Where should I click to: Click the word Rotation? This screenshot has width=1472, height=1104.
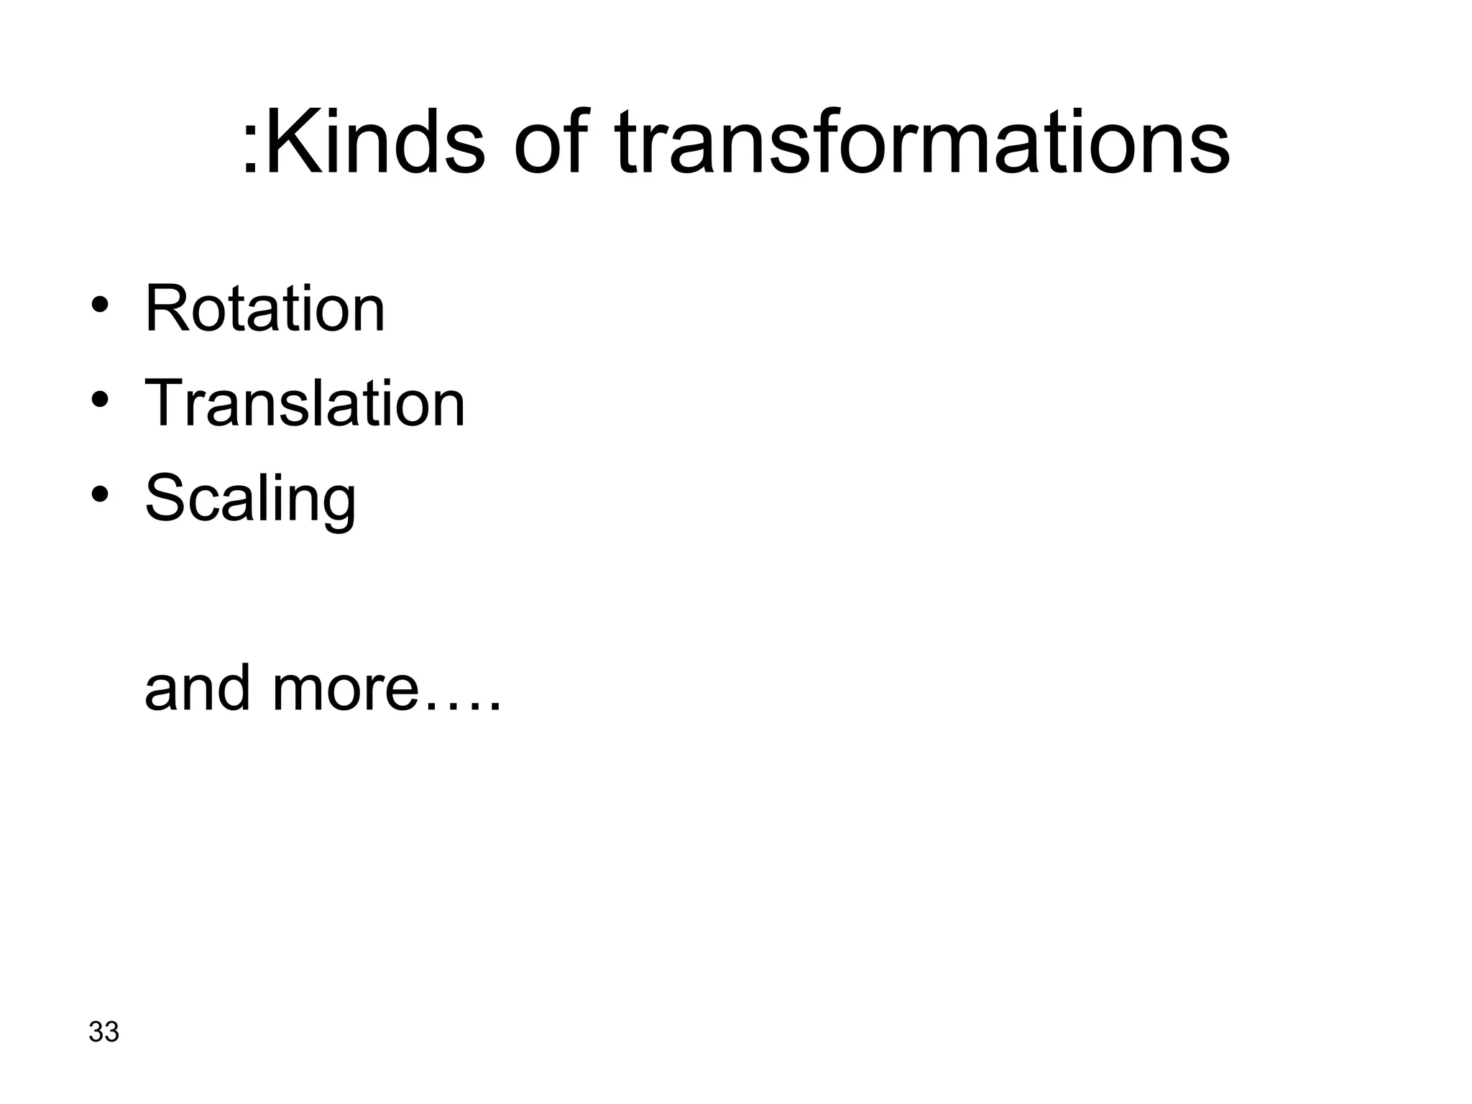pos(264,309)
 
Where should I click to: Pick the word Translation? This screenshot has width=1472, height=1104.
pos(305,403)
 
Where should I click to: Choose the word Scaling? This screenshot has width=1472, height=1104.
pos(250,500)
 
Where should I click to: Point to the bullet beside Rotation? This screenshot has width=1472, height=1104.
pos(100,304)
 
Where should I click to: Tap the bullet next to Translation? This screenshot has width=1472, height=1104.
pos(100,398)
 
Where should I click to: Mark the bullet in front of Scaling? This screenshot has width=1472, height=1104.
pos(100,493)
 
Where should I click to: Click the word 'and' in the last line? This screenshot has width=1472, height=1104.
pos(198,688)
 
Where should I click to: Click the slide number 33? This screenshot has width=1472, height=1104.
pos(103,1031)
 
